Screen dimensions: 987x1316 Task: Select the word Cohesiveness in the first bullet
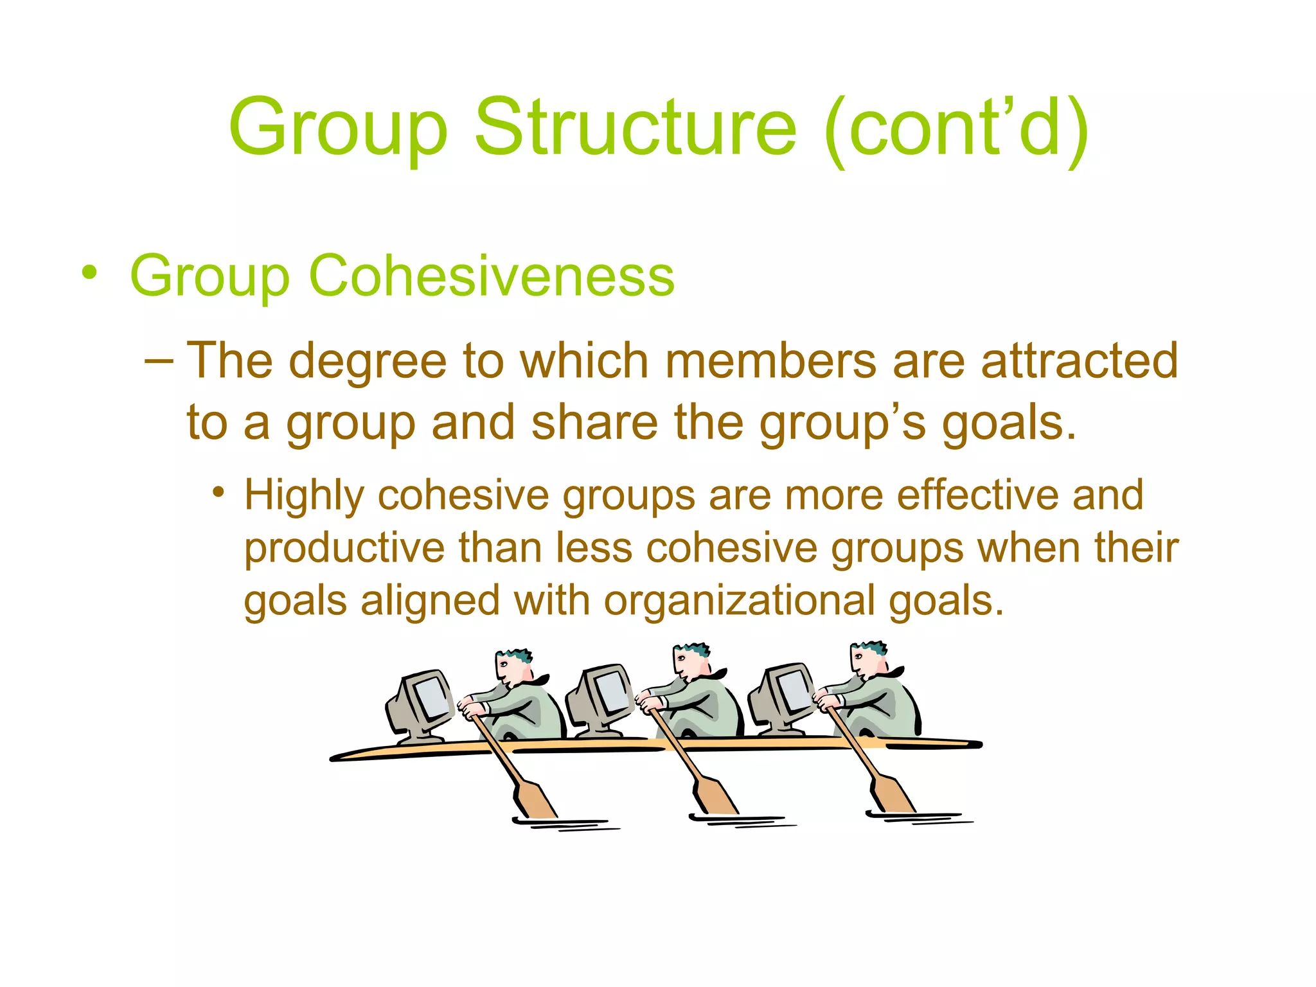pyautogui.click(x=492, y=276)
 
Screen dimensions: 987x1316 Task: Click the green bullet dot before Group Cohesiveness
pyautogui.click(x=90, y=273)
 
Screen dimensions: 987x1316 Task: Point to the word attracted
pyautogui.click(x=1080, y=360)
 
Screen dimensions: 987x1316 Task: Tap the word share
pyautogui.click(x=594, y=423)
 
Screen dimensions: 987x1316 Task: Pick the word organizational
pyautogui.click(x=739, y=601)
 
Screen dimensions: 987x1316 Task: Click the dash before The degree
pyautogui.click(x=159, y=360)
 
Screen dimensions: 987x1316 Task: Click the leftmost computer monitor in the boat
pyautogui.click(x=421, y=704)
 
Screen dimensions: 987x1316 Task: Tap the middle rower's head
pyautogui.click(x=691, y=662)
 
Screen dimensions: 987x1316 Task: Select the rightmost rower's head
pyautogui.click(x=867, y=660)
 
